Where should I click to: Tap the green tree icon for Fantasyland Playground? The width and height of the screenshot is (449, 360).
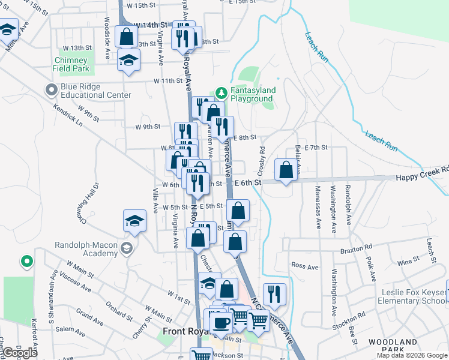pyautogui.click(x=221, y=92)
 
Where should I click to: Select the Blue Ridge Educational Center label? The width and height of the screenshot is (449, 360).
pyautogui.click(x=95, y=91)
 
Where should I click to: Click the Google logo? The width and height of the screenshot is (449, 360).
pyautogui.click(x=20, y=353)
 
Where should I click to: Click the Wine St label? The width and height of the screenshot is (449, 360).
pyautogui.click(x=408, y=261)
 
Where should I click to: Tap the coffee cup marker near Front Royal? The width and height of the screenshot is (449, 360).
pyautogui.click(x=220, y=323)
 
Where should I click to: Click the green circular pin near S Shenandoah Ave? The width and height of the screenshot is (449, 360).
pyautogui.click(x=26, y=261)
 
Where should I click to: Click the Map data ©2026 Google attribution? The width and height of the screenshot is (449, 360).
pyautogui.click(x=412, y=355)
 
